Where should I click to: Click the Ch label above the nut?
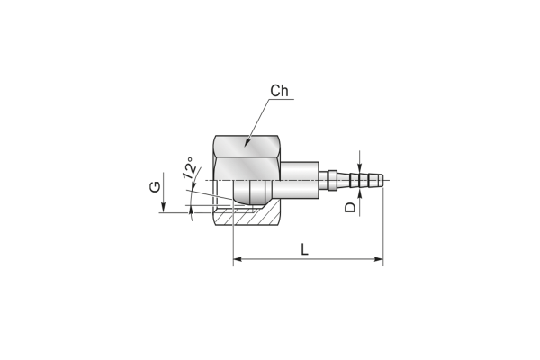(x=279, y=91)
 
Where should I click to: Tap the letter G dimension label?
(x=155, y=186)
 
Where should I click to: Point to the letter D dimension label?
(x=350, y=207)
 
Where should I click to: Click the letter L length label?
(x=304, y=249)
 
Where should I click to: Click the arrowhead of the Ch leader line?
(x=247, y=142)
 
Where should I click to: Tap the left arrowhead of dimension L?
(x=238, y=259)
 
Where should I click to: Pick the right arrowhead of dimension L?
(x=379, y=259)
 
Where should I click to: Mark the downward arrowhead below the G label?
(x=164, y=208)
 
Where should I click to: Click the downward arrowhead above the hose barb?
(x=360, y=167)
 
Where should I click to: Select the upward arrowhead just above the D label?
(x=360, y=193)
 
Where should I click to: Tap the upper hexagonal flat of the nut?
(x=247, y=146)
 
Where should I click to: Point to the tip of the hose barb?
(x=382, y=180)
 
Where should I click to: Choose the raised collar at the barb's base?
(x=332, y=180)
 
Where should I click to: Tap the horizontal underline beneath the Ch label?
(x=282, y=99)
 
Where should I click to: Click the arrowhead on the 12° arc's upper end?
(x=193, y=185)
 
